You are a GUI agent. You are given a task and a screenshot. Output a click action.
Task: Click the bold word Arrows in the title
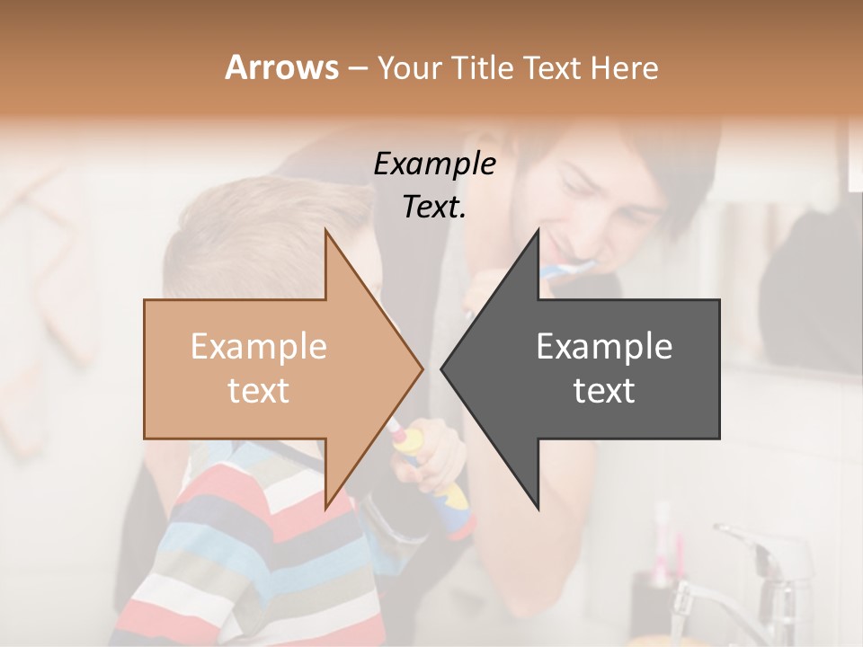tap(281, 67)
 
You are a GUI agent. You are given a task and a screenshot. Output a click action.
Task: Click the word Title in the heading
tap(481, 67)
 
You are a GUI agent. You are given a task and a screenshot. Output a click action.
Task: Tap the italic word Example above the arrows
tap(434, 164)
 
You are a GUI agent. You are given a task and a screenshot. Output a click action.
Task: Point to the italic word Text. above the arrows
tap(434, 208)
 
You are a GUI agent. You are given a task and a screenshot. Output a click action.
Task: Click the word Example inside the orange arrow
tap(259, 346)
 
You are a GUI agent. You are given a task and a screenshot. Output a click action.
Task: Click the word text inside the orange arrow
tap(259, 391)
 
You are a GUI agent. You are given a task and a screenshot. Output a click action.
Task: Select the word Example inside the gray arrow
tap(604, 346)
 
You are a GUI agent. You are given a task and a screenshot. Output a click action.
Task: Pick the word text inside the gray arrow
tap(604, 391)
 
